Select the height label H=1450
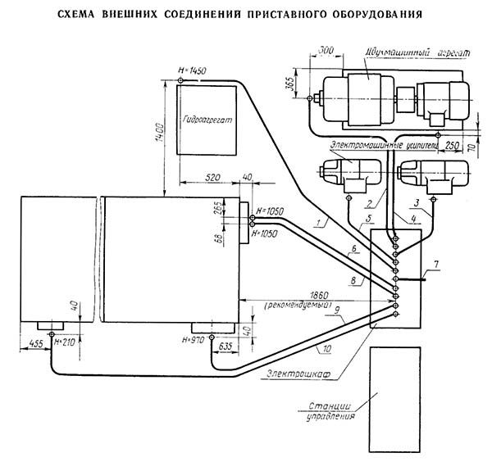tap(191, 71)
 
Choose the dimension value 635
tap(225, 346)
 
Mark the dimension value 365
tap(299, 84)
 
